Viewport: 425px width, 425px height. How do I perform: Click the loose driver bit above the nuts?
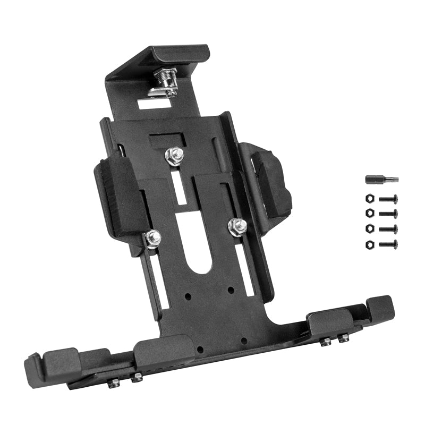[381, 180]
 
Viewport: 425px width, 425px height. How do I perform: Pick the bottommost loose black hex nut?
[370, 244]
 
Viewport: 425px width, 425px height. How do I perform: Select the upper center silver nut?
[174, 155]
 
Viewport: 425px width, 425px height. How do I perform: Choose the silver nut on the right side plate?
[237, 226]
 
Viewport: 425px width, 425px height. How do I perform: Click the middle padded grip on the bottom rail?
[158, 351]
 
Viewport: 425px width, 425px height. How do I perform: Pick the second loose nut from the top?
[370, 214]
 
